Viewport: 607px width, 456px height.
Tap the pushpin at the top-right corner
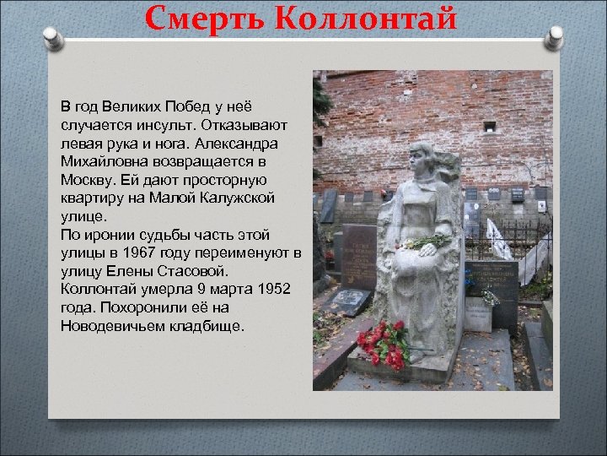pos(554,38)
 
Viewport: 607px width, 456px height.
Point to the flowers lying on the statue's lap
pos(426,242)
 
